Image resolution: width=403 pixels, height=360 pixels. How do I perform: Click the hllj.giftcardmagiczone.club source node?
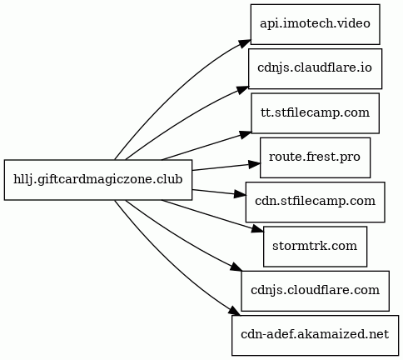[98, 180]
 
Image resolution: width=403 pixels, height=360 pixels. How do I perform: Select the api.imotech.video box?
[315, 24]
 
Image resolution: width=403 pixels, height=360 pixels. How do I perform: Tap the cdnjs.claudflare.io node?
[315, 68]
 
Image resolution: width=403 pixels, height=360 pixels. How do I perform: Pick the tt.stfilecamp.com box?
[315, 113]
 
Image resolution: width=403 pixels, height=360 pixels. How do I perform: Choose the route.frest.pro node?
[315, 157]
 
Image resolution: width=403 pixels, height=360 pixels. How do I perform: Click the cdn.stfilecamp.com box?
[315, 202]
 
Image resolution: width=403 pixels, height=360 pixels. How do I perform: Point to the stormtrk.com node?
[315, 247]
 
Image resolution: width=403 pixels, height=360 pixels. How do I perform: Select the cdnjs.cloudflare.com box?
[315, 291]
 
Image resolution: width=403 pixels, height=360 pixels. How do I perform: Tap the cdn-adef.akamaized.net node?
[315, 335]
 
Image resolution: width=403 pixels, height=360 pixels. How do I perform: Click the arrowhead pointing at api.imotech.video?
[245, 44]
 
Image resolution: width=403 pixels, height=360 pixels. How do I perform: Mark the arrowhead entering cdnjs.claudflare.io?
[243, 90]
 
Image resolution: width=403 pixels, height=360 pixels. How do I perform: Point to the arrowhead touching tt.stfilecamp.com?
[246, 135]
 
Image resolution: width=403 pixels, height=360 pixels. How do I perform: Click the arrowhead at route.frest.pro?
[255, 164]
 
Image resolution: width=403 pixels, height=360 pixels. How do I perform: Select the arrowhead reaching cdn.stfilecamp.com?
[240, 195]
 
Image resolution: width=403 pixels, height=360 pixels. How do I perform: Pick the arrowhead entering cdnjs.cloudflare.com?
[236, 267]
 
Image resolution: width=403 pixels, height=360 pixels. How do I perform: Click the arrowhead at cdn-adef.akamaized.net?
[235, 311]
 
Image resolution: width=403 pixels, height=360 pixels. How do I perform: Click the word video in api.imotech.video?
[356, 23]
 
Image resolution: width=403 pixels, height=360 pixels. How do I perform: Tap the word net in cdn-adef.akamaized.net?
[379, 334]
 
